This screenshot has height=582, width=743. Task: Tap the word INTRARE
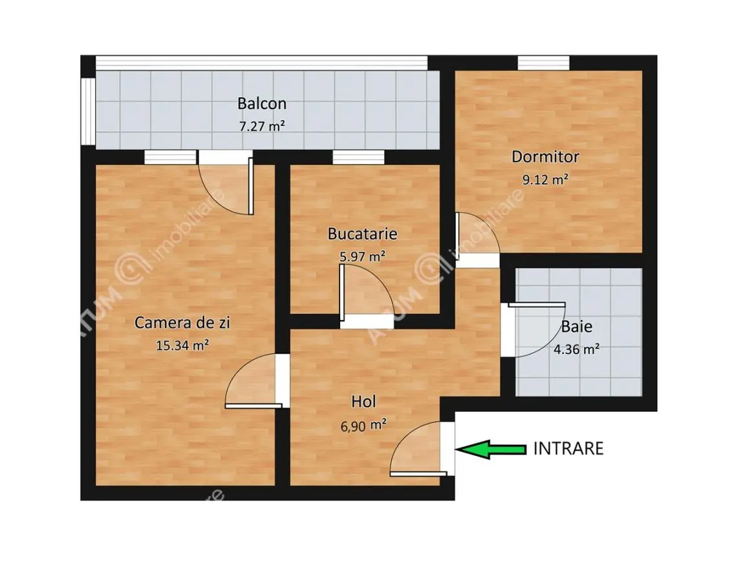pyautogui.click(x=568, y=448)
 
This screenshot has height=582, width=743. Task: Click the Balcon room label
pyautogui.click(x=262, y=103)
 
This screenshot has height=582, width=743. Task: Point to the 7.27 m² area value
pyautogui.click(x=262, y=127)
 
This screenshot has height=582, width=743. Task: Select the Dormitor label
pyautogui.click(x=545, y=157)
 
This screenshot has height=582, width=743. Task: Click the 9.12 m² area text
pyautogui.click(x=545, y=180)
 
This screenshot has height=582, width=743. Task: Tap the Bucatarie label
pyautogui.click(x=363, y=233)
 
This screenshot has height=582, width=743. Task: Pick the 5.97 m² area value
pyautogui.click(x=363, y=256)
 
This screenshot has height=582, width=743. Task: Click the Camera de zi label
pyautogui.click(x=182, y=323)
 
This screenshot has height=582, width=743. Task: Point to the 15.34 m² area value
pyautogui.click(x=182, y=345)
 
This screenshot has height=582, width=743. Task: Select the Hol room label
pyautogui.click(x=363, y=402)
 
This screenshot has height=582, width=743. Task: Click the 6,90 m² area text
pyautogui.click(x=363, y=425)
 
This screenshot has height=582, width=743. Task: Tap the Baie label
pyautogui.click(x=577, y=327)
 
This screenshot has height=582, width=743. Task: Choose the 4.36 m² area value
pyautogui.click(x=577, y=349)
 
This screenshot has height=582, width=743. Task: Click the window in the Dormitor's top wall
pyautogui.click(x=543, y=63)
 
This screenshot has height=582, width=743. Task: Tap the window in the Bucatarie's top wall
pyautogui.click(x=358, y=157)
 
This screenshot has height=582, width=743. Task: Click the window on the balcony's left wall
pyautogui.click(x=88, y=111)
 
